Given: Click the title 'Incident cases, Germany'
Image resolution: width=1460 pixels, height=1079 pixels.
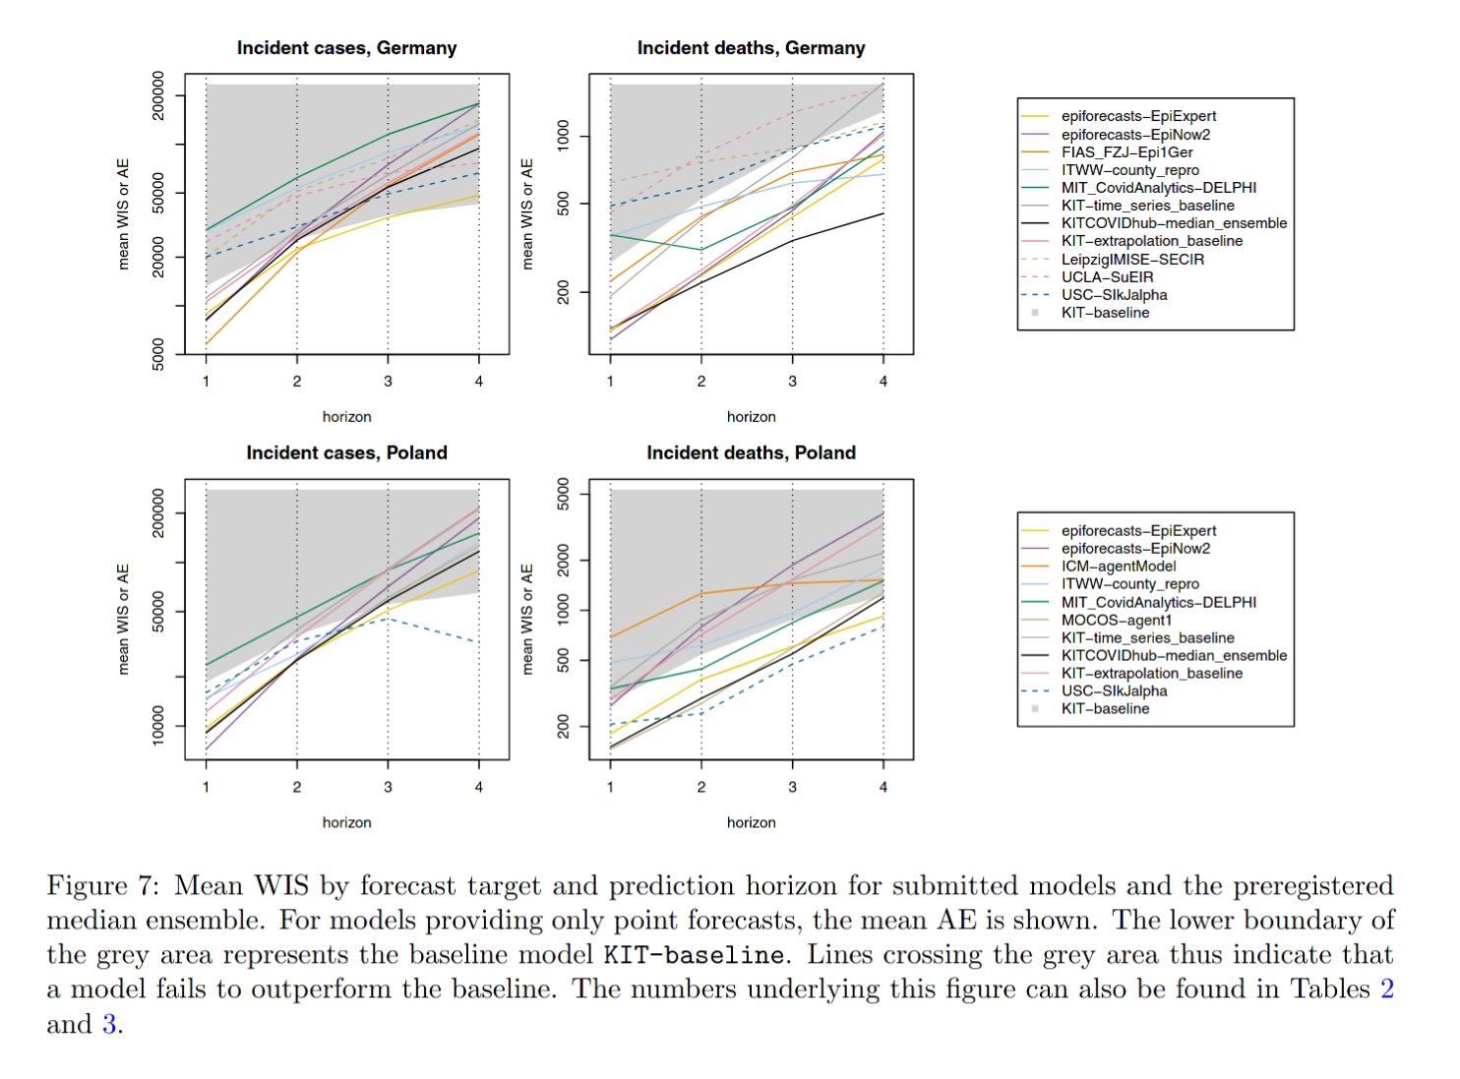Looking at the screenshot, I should [346, 48].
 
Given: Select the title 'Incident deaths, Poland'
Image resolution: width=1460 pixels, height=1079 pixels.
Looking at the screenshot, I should [751, 452].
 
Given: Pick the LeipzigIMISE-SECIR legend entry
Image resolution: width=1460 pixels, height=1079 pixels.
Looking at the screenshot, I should [1132, 260].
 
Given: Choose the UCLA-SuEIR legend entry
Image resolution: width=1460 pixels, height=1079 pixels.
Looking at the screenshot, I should [1107, 277].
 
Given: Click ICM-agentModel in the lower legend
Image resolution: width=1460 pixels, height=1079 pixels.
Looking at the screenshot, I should [1119, 567].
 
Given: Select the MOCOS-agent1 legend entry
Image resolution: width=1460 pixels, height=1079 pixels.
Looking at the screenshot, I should [1117, 621].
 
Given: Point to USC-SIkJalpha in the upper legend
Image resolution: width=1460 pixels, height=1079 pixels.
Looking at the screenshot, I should [1114, 295].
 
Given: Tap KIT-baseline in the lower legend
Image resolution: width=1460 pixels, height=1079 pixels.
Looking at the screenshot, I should [1105, 709].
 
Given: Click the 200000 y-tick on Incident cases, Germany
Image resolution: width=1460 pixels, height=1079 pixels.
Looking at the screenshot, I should [158, 95].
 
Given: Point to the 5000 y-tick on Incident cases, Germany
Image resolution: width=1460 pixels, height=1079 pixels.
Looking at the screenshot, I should [158, 354].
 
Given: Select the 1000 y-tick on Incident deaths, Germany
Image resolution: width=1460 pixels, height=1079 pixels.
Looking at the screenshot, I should [563, 136].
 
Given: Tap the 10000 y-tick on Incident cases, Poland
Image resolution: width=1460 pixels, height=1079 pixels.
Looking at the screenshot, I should [158, 726].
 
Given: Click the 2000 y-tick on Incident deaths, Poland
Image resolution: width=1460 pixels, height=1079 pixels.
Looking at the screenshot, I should [563, 561].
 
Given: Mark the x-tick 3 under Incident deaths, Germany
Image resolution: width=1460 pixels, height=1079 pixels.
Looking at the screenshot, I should [792, 382].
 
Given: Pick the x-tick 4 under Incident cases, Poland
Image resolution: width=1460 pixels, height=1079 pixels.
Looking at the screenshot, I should [479, 787].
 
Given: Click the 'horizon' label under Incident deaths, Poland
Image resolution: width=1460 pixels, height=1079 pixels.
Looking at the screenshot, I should [751, 822].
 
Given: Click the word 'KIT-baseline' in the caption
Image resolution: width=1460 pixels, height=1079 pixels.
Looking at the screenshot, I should [694, 955].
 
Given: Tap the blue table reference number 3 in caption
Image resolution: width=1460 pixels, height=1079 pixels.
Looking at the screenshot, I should [109, 1025].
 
